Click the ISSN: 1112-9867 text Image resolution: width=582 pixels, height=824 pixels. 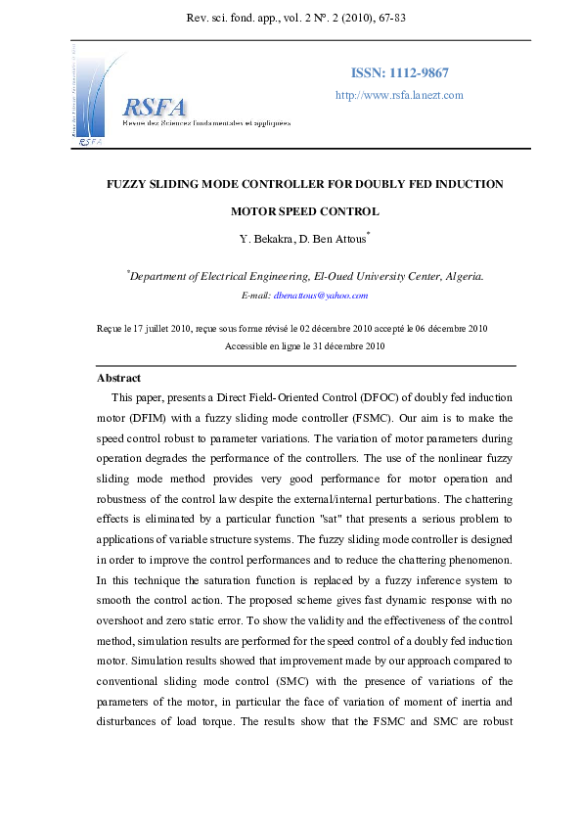tap(399, 74)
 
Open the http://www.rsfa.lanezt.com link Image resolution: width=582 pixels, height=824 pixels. tap(399, 95)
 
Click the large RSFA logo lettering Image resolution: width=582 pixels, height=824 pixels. tap(155, 108)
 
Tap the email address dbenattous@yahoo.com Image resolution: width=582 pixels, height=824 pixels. tap(321, 295)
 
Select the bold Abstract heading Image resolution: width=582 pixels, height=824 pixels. tap(118, 378)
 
